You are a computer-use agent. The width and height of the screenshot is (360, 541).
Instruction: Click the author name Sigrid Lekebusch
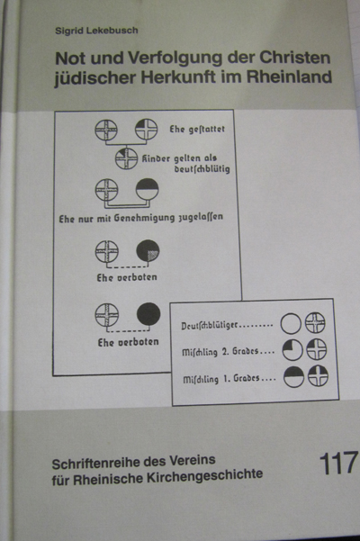(x=96, y=31)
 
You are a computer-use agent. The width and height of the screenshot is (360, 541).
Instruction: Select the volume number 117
(x=338, y=464)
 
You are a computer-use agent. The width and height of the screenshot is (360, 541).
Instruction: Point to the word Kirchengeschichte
(x=205, y=476)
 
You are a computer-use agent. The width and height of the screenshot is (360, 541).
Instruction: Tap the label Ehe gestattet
(x=197, y=130)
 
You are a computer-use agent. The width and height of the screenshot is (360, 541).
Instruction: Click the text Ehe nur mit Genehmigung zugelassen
(x=140, y=218)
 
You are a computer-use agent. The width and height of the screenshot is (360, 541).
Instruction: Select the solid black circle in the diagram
(x=148, y=314)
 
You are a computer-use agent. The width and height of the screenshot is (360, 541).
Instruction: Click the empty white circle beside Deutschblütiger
(x=291, y=324)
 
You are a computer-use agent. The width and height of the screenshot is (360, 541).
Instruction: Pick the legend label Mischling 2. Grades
(x=229, y=352)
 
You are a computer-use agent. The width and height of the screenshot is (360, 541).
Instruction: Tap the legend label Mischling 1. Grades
(x=229, y=379)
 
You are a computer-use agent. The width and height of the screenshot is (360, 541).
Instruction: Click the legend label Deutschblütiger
(x=227, y=325)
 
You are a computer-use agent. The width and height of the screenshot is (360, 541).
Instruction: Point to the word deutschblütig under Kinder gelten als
(x=202, y=169)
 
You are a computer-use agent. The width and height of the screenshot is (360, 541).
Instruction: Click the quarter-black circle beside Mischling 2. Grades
(x=292, y=350)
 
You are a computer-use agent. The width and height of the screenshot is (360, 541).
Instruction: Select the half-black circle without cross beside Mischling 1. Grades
(x=293, y=377)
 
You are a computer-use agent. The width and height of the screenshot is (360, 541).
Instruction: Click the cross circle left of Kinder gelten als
(x=126, y=158)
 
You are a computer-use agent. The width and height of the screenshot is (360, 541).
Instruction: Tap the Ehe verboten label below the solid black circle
(x=129, y=342)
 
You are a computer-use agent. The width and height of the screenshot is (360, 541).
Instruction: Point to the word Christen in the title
(x=295, y=58)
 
